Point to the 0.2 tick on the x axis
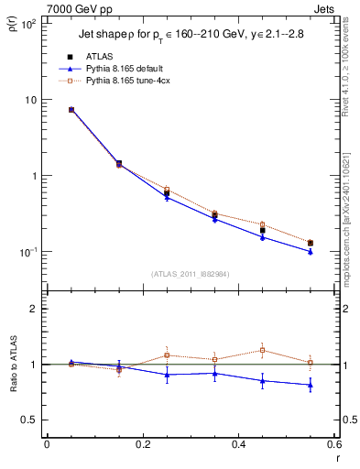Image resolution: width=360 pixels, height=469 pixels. coord(142,444)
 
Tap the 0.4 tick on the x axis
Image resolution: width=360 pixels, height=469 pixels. coord(238,444)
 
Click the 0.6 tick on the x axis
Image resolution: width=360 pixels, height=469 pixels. coord(334,444)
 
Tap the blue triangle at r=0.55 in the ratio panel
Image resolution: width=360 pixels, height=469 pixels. coord(311,385)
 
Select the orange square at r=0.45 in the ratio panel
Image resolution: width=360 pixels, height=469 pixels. coord(263,350)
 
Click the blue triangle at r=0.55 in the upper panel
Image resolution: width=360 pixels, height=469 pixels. coord(311,251)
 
